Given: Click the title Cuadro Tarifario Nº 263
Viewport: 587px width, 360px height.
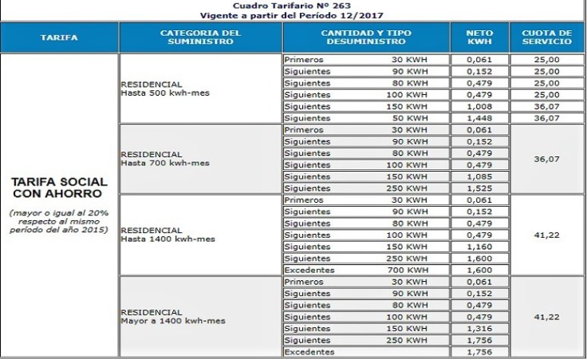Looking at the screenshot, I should pos(294,5).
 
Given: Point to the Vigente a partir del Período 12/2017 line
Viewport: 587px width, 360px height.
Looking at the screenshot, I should pos(294,15).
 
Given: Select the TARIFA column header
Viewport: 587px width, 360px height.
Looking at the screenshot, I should pos(60,38).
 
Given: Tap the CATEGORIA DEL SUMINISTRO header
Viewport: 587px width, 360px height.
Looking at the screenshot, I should pos(200,38).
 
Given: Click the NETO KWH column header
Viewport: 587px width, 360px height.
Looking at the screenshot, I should pos(479,38).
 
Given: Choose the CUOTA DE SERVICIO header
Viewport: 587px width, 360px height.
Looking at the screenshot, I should pos(547,38).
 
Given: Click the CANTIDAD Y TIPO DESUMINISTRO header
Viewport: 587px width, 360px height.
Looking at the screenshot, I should pos(366,38).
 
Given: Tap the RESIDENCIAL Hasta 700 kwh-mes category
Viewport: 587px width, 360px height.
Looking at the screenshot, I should pos(164,159).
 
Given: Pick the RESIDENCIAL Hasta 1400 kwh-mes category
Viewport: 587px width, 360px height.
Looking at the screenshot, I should pos(167,234).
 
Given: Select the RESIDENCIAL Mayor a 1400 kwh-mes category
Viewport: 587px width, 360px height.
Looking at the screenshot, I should pos(172,316).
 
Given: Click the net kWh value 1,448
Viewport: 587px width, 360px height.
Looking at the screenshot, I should pos(479,118).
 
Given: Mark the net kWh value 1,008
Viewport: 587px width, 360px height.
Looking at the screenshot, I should pos(479,106).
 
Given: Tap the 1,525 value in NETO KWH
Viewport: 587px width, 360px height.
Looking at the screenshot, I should pos(479,188).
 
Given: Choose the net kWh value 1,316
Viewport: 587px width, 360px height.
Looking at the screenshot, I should pos(479,329).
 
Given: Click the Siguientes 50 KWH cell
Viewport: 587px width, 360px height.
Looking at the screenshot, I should pos(365,118).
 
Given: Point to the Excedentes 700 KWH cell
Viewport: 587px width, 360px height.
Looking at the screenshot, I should pos(365,271).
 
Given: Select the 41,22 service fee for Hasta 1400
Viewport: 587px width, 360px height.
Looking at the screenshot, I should pos(547,235).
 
